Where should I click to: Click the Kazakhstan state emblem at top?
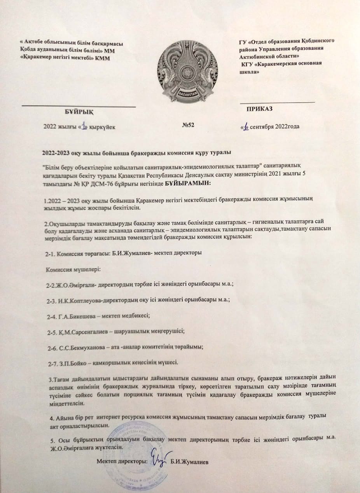pyautogui.click(x=187, y=72)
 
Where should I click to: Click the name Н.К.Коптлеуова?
pyautogui.click(x=79, y=300)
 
